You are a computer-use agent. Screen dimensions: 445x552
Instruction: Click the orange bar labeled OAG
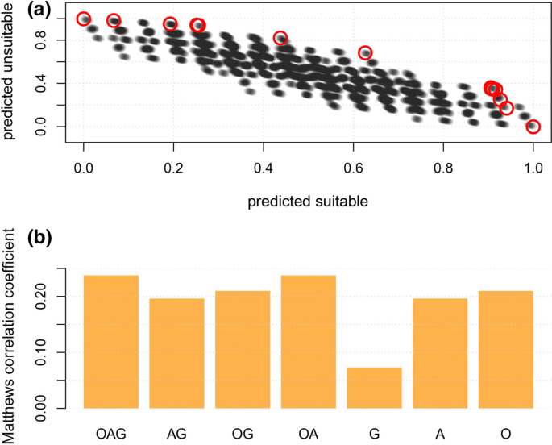tap(111, 342)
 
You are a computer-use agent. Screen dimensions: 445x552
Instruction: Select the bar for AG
tap(176, 353)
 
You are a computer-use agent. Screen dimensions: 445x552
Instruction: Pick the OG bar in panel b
tap(243, 349)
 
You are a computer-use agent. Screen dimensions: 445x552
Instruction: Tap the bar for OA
tap(308, 342)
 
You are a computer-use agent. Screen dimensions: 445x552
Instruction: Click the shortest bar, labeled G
tap(374, 388)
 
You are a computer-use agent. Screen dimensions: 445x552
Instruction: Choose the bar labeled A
tap(439, 353)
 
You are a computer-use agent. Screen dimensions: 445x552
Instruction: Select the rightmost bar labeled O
tap(505, 349)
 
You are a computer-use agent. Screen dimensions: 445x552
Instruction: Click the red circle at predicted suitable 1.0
tap(533, 127)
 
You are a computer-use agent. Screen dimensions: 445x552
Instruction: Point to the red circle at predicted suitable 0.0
tap(84, 19)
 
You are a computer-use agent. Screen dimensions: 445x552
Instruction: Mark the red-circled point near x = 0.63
tap(366, 53)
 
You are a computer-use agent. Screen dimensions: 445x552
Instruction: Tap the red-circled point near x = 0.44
tap(280, 38)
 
